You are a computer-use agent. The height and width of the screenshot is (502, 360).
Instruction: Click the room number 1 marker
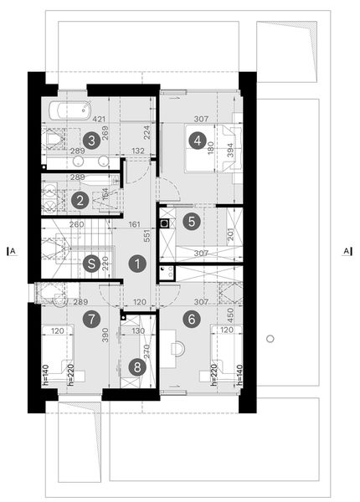[x=135, y=264]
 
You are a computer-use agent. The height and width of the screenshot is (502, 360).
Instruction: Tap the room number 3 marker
[x=91, y=140]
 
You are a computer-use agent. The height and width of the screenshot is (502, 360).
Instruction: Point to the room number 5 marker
[x=191, y=222]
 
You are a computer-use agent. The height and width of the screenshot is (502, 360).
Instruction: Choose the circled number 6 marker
[x=192, y=318]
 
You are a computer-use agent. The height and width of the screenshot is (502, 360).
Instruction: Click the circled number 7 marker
[x=91, y=318]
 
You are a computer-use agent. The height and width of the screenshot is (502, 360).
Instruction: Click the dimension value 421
[x=100, y=118]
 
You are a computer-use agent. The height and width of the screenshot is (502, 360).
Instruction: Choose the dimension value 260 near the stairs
[x=76, y=224]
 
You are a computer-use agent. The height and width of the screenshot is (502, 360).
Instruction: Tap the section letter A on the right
[x=345, y=248]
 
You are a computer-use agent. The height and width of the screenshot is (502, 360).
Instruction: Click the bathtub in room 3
[x=68, y=110]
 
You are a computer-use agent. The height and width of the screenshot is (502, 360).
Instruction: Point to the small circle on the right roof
[x=270, y=338]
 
